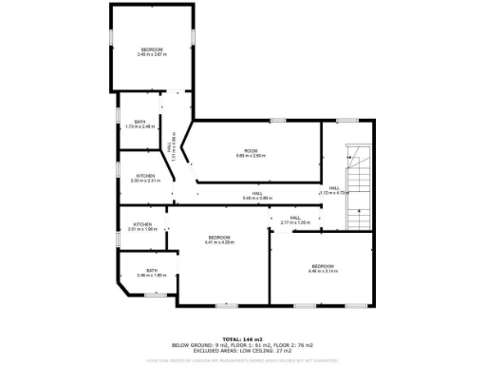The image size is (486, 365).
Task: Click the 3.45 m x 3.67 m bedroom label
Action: pyautogui.click(x=151, y=52)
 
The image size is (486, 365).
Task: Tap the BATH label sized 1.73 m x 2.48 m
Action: pyautogui.click(x=140, y=124)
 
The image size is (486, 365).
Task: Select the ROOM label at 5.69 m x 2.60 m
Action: pyautogui.click(x=251, y=153)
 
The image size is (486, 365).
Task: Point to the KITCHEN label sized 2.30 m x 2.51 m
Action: pyautogui.click(x=145, y=178)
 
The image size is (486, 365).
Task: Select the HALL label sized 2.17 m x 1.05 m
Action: pyautogui.click(x=296, y=221)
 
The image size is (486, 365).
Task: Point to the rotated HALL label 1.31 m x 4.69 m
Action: pyautogui.click(x=171, y=149)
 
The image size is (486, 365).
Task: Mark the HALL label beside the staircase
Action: pyautogui.click(x=334, y=190)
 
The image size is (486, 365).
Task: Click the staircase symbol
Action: pyautogui.click(x=358, y=186)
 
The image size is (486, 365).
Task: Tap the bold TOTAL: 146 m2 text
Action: pyautogui.click(x=243, y=338)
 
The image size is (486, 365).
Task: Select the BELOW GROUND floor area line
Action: pyautogui.click(x=243, y=344)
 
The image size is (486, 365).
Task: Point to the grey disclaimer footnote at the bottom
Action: pyautogui.click(x=243, y=359)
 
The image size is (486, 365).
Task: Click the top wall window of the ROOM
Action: pyautogui.click(x=278, y=121)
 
